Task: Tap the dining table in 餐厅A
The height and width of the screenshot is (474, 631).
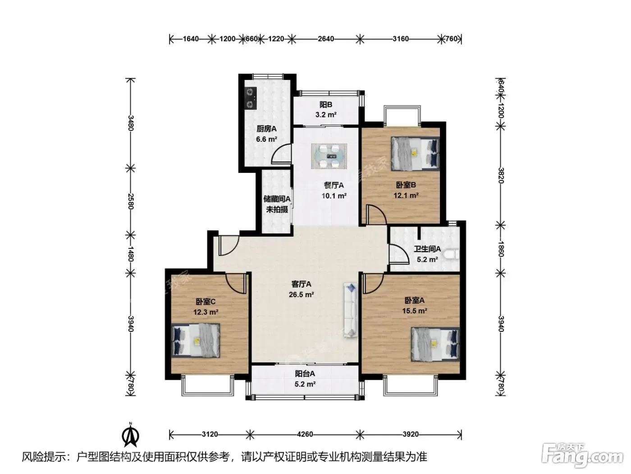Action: [x=329, y=156]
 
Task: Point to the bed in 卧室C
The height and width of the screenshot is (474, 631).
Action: [x=196, y=340]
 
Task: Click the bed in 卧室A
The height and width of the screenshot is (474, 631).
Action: [x=435, y=344]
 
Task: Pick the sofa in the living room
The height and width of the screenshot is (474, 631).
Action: [x=351, y=310]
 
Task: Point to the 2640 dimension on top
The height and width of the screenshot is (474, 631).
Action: [x=326, y=39]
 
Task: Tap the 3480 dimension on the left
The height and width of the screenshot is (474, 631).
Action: [x=131, y=123]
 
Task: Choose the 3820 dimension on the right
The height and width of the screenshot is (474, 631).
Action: [x=500, y=176]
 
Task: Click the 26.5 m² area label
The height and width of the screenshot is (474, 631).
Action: [x=301, y=295]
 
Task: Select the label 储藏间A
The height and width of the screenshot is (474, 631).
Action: [x=277, y=199]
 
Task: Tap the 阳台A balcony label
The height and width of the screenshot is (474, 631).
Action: [x=305, y=374]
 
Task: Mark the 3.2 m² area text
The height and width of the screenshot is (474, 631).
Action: [x=326, y=115]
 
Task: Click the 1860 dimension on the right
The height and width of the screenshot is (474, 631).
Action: [x=500, y=249]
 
